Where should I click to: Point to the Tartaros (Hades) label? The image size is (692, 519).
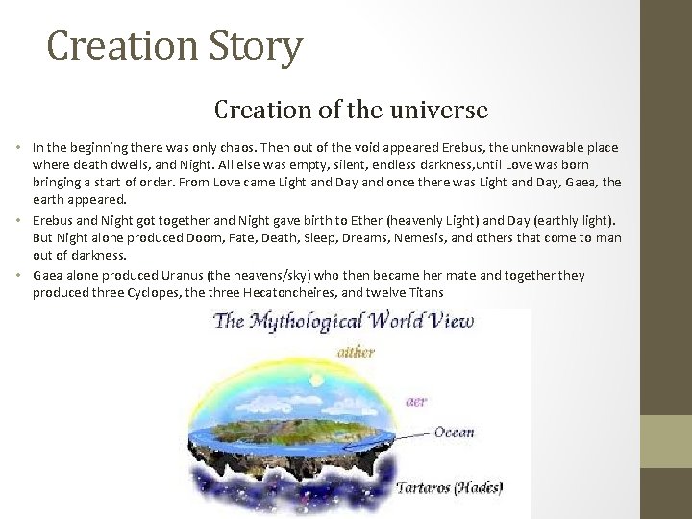(x=451, y=486)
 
